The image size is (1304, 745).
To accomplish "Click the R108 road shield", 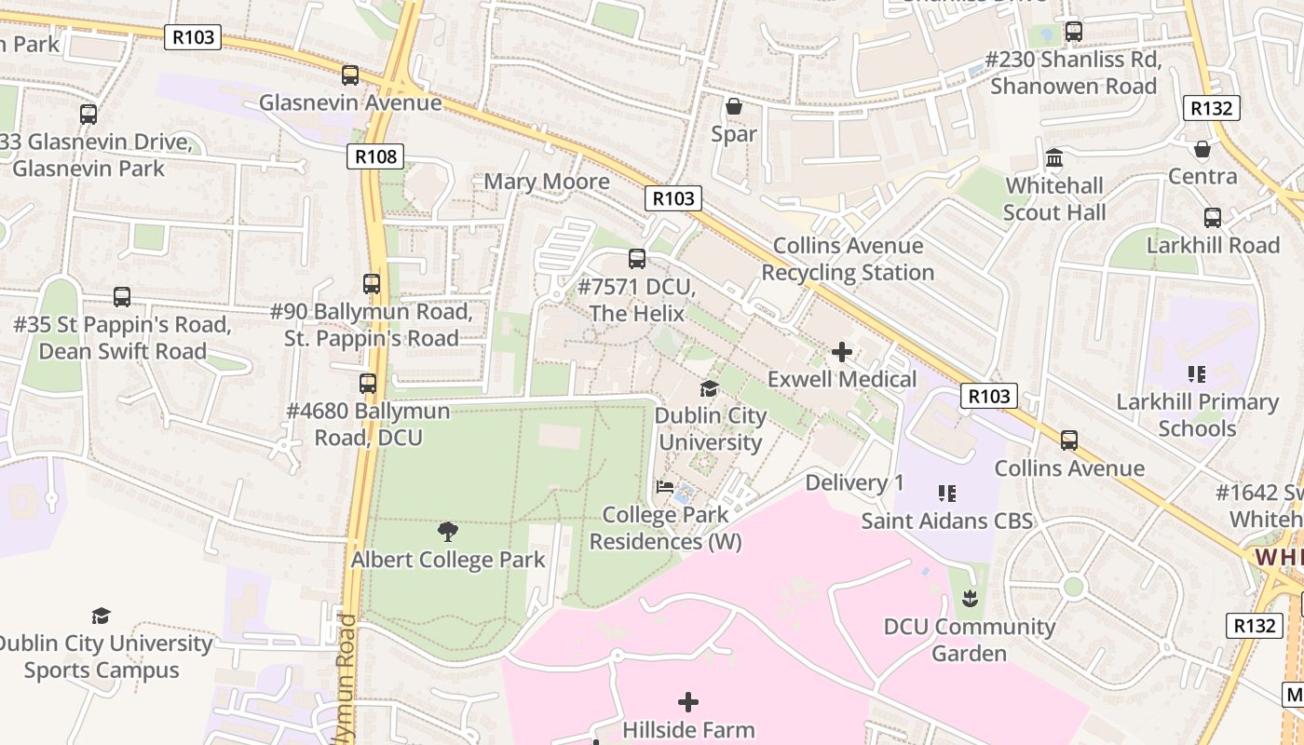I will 376,156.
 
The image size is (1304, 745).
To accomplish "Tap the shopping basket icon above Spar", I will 734,106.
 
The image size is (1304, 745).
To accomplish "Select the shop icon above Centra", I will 1202,149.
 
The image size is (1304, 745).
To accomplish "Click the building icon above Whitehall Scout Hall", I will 1054,157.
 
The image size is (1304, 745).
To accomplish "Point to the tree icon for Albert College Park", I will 448,532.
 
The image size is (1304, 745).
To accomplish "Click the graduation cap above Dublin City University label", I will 710,388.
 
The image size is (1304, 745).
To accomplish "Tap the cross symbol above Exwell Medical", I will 842,352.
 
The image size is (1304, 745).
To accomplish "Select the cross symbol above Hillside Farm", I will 688,702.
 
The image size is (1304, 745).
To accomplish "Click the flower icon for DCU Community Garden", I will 970,598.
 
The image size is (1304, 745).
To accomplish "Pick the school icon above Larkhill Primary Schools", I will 1197,374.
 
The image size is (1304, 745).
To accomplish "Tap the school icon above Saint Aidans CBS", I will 947,493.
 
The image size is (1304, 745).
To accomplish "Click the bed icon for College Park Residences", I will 665,486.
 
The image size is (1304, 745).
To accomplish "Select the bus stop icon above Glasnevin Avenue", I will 350,75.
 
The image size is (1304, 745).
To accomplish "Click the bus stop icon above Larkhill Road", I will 1213,218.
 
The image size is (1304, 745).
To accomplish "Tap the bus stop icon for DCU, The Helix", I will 637,259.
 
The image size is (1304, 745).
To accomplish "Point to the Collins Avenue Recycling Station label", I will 848,259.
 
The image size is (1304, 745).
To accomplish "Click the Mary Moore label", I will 547,182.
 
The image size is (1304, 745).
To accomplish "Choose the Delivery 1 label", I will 854,482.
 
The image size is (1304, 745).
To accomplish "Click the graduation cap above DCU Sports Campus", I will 102,616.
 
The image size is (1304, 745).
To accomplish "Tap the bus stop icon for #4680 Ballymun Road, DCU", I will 368,384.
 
